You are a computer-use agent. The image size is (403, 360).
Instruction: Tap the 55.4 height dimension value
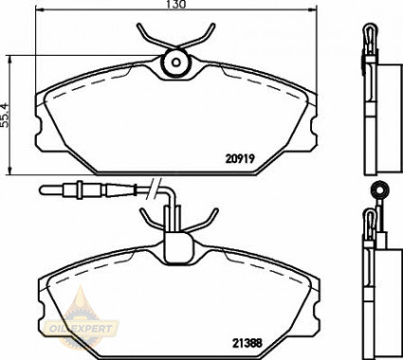click(x=5, y=115)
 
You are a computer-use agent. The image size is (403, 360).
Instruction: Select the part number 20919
click(x=240, y=158)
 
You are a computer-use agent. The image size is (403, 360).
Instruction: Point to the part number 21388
click(x=247, y=343)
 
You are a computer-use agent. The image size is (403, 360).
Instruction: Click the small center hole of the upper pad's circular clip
click(x=176, y=63)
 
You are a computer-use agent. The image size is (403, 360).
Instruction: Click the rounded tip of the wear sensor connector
click(x=44, y=189)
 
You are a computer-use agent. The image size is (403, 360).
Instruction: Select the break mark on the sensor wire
click(x=154, y=189)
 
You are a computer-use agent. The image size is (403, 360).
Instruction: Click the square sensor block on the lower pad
click(x=178, y=248)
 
